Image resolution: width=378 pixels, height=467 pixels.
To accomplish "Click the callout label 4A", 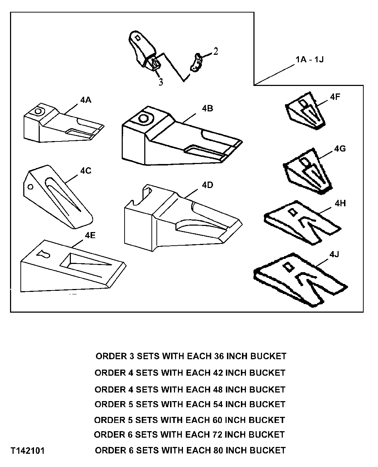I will click(86, 100).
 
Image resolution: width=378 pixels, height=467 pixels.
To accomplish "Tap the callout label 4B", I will click(207, 108).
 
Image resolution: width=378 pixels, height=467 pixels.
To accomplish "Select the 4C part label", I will click(86, 171).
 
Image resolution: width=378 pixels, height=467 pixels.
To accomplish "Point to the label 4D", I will click(207, 185).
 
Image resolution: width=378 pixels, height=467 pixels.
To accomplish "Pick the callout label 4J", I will click(334, 255).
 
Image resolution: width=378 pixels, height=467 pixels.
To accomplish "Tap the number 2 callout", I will click(215, 52).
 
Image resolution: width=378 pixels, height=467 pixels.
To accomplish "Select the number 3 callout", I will click(161, 82).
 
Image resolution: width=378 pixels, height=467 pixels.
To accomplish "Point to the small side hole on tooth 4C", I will click(31, 187).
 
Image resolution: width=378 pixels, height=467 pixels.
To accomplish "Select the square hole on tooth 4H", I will click(292, 212).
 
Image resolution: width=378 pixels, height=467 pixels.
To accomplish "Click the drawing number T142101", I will click(28, 451).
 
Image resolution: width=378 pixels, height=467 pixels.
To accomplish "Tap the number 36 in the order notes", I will click(219, 356).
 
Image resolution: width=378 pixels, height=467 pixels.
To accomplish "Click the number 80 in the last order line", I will click(219, 450).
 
